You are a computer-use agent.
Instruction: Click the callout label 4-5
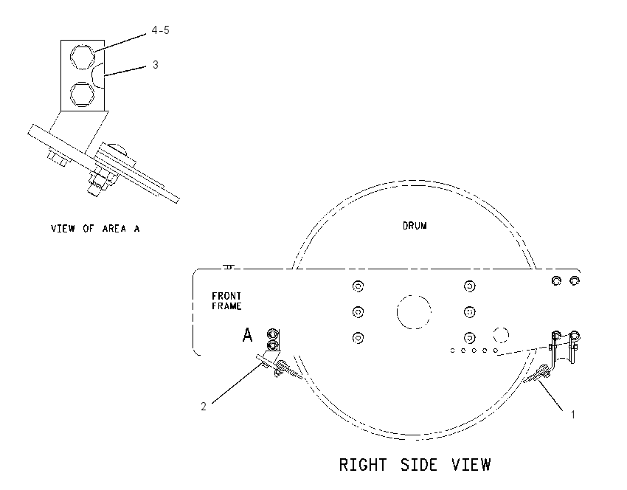pyautogui.click(x=160, y=30)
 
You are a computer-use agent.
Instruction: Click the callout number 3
pyautogui.click(x=155, y=64)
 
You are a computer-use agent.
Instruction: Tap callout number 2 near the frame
pyautogui.click(x=204, y=407)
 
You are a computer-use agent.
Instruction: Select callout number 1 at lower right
pyautogui.click(x=572, y=415)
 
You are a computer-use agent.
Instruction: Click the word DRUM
pyautogui.click(x=415, y=226)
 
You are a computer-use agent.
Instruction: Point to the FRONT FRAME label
pyautogui.click(x=226, y=301)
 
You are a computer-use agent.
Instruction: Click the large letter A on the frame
pyautogui.click(x=248, y=335)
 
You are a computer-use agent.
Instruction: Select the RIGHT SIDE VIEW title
pyautogui.click(x=415, y=465)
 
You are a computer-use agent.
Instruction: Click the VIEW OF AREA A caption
pyautogui.click(x=95, y=229)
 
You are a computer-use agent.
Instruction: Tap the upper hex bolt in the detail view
pyautogui.click(x=83, y=56)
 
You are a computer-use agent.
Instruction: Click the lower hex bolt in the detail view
pyautogui.click(x=83, y=94)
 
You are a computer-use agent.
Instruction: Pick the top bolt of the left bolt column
pyautogui.click(x=358, y=286)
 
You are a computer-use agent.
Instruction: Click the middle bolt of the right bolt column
pyautogui.click(x=469, y=311)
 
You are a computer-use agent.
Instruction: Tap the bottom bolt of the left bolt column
pyautogui.click(x=358, y=338)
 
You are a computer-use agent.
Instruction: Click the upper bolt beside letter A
pyautogui.click(x=272, y=334)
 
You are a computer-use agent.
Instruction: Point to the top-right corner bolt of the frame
pyautogui.click(x=575, y=281)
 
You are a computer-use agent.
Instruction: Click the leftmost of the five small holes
pyautogui.click(x=452, y=351)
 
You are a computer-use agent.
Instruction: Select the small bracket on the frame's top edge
pyautogui.click(x=229, y=267)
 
